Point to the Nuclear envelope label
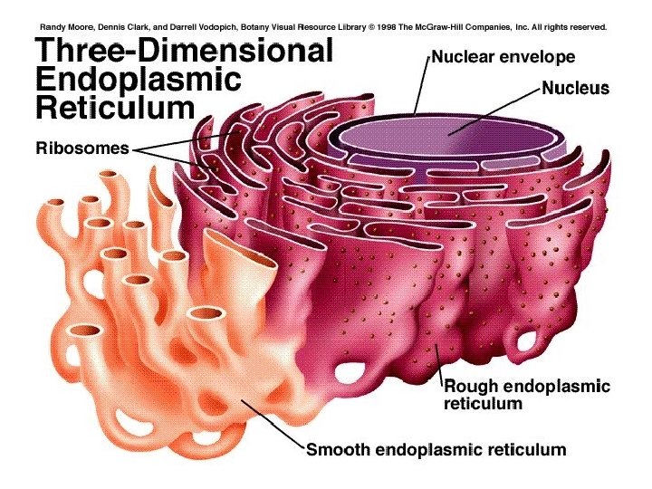[503, 58]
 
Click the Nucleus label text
[576, 89]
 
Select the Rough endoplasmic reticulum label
[526, 395]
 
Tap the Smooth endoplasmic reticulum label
[436, 449]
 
